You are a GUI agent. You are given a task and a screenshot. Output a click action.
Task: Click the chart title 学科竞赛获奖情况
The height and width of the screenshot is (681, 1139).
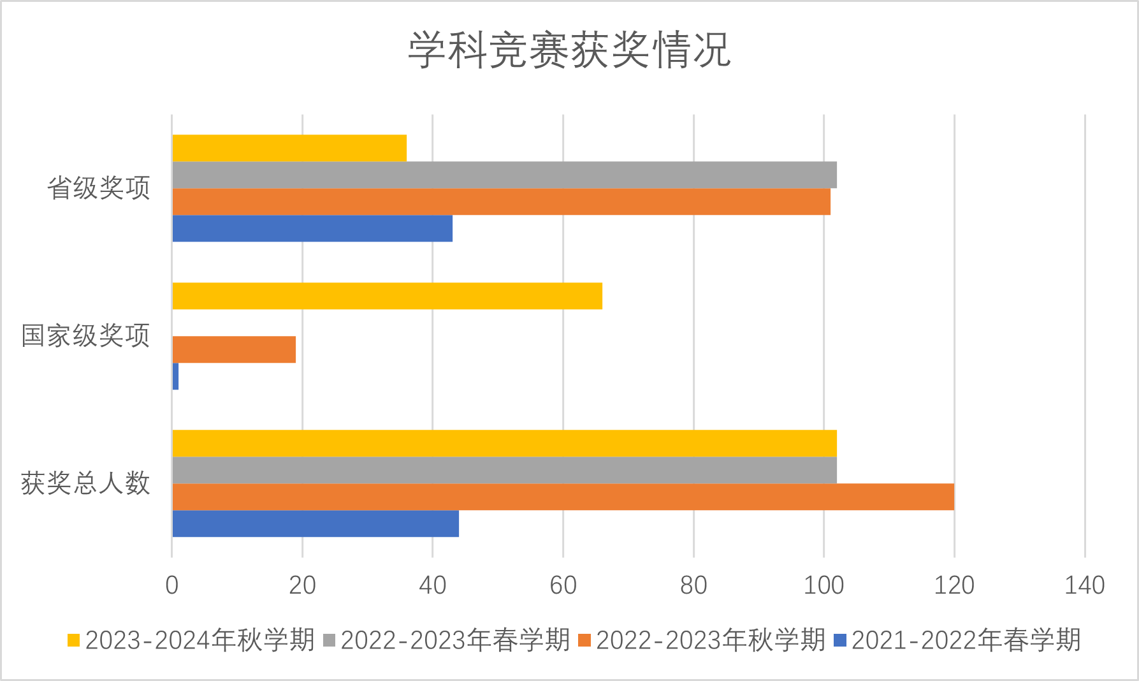point(569,50)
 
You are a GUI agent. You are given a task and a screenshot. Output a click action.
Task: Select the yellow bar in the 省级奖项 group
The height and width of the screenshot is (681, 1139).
point(289,148)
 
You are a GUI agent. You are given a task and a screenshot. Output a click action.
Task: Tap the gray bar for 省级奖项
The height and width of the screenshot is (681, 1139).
point(504,175)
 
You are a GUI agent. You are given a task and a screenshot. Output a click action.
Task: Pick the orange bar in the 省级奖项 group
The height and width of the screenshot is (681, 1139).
point(501,201)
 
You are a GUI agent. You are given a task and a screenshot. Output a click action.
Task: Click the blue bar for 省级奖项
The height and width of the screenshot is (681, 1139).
point(312,228)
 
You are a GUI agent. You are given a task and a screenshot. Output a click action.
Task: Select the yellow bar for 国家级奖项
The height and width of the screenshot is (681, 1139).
point(387,296)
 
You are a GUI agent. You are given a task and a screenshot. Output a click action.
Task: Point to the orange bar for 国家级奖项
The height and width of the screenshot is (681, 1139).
point(234,349)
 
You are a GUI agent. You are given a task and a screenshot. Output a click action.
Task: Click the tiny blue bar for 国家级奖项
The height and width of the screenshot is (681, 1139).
point(175,376)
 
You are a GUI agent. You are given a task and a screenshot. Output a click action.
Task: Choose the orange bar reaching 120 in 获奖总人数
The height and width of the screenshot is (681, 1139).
point(563,497)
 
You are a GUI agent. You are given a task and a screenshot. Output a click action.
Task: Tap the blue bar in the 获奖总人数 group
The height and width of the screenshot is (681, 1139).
point(316,524)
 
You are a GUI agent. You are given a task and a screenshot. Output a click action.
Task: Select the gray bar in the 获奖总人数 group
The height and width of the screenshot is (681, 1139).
point(504,470)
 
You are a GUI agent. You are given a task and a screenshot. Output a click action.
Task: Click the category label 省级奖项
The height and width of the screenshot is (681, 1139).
point(99,188)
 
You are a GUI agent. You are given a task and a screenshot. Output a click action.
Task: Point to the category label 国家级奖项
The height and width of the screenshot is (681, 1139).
point(85,335)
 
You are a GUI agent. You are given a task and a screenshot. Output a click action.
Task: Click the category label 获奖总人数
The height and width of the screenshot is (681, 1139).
point(85,483)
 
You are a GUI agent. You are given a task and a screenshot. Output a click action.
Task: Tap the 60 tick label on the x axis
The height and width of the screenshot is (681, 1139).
point(563,585)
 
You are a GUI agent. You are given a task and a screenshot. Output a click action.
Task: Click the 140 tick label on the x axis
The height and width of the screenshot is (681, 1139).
point(1084,585)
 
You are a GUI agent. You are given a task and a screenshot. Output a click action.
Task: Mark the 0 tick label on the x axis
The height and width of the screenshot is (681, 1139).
point(172,585)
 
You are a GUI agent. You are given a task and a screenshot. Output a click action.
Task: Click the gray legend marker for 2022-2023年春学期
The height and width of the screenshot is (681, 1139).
point(330,640)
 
